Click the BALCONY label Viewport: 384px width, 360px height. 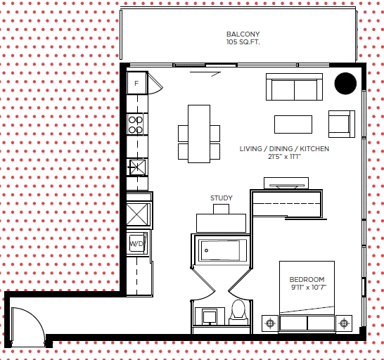(243, 34)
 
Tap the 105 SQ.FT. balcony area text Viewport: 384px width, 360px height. (243, 42)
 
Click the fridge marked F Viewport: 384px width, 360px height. (137, 83)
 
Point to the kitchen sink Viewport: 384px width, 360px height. (137, 167)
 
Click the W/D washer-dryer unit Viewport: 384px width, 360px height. (137, 244)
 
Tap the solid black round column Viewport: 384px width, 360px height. (345, 83)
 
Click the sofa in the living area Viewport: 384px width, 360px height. (294, 86)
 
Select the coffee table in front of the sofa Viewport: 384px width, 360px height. (293, 124)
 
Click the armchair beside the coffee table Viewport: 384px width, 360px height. (342, 124)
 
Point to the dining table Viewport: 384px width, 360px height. (199, 134)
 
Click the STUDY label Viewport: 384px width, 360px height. (222, 198)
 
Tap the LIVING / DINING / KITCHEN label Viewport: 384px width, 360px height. (284, 148)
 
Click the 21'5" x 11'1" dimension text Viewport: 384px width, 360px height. (284, 157)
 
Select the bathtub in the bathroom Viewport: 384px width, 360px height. (220, 250)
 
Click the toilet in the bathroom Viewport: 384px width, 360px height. (238, 312)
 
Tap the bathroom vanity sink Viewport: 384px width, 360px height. (210, 316)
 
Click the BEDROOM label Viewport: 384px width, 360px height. (307, 279)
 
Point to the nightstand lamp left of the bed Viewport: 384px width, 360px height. (270, 323)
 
